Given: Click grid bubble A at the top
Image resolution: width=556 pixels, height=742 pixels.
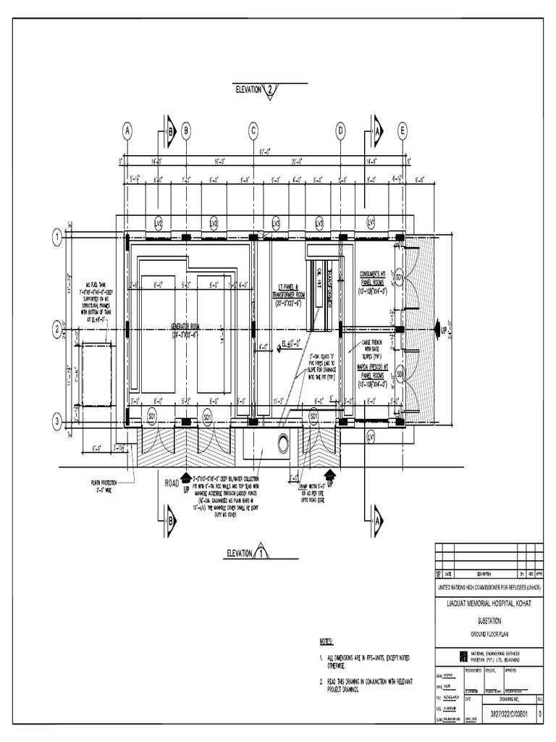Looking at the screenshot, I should (128, 131).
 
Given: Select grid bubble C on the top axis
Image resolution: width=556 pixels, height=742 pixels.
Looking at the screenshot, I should (254, 131).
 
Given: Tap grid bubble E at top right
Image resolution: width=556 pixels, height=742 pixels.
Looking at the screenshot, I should (403, 131).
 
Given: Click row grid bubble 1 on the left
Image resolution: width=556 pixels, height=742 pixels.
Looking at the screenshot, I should (56, 237).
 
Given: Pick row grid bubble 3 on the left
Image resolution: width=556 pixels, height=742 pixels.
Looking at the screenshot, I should (56, 421).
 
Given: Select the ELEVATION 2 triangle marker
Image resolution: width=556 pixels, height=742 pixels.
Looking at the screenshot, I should (269, 90).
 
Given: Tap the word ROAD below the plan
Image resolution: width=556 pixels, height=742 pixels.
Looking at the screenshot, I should (172, 482).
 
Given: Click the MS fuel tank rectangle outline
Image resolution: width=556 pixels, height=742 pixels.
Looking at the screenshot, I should (96, 375).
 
